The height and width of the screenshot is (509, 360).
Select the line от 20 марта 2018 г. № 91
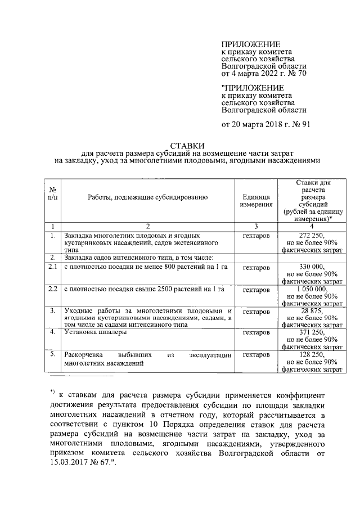(x=265, y=124)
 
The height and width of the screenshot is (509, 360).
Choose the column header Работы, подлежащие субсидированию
(x=148, y=197)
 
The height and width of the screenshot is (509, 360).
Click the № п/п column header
(x=53, y=196)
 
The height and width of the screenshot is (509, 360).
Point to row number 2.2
(x=53, y=289)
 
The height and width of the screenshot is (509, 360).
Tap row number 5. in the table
(x=52, y=354)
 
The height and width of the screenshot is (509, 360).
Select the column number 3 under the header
(x=256, y=226)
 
